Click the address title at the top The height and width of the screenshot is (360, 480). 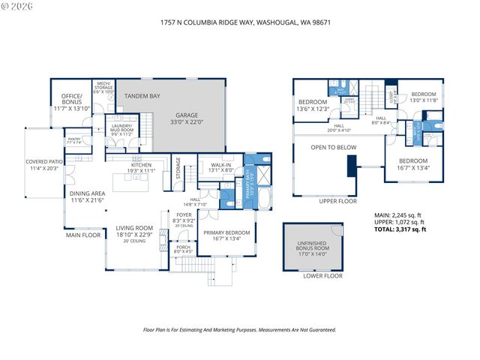tap(240, 22)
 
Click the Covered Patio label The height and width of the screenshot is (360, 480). tap(43, 164)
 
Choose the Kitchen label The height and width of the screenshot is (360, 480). tap(142, 167)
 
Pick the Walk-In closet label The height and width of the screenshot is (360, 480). tap(220, 166)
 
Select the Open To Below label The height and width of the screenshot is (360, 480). tap(334, 148)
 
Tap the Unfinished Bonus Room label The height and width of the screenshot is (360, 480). tap(313, 247)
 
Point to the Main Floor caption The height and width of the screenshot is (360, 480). tap(82, 235)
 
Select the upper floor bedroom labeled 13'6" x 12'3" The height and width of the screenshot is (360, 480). tap(313, 105)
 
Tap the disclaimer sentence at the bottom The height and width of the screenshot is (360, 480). tap(239, 329)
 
